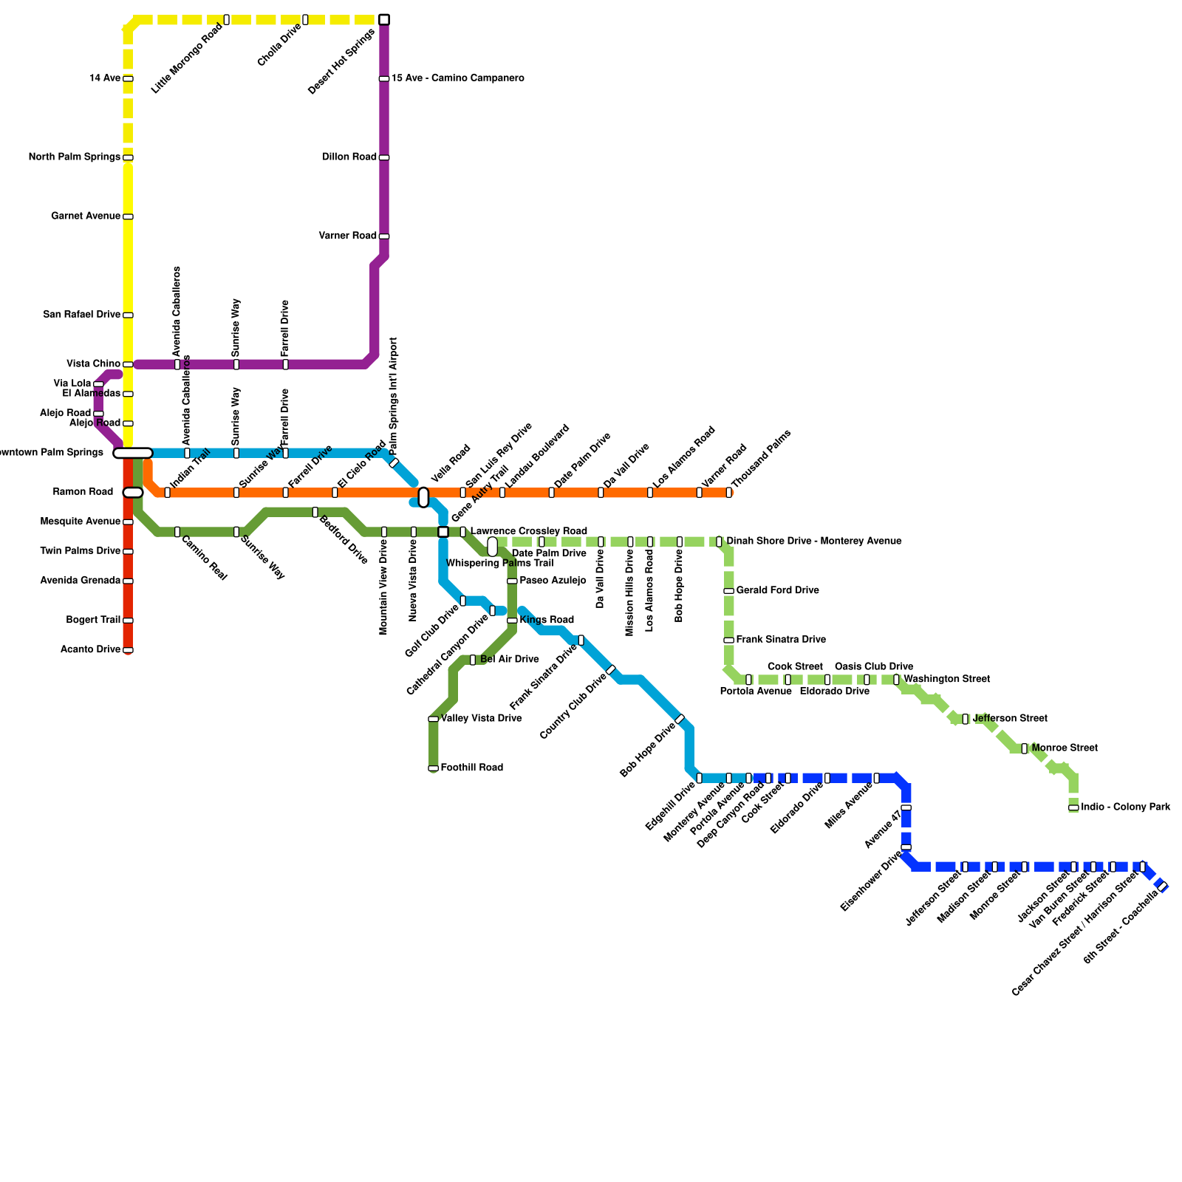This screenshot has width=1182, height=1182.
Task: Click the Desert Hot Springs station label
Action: [x=342, y=61]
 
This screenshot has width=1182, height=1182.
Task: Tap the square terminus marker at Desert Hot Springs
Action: [x=384, y=19]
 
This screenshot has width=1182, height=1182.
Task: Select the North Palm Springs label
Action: [x=74, y=157]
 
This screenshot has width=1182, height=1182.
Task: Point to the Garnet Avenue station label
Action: [x=86, y=216]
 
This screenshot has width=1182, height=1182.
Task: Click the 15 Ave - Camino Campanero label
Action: [x=458, y=78]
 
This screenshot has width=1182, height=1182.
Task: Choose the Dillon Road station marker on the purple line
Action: [x=384, y=157]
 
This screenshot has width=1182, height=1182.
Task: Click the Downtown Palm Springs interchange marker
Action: [x=133, y=453]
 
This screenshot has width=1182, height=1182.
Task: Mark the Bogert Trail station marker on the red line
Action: [x=128, y=621]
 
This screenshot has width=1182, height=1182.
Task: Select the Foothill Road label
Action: [x=471, y=768]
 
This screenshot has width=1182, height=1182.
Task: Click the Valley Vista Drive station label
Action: [x=481, y=719]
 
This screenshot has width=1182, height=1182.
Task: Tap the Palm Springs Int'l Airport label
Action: [x=394, y=395]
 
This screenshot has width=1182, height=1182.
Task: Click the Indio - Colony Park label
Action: [x=1125, y=807]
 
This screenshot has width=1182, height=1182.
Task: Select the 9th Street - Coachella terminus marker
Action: [x=1162, y=886]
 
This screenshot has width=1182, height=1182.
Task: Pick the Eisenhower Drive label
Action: [x=872, y=881]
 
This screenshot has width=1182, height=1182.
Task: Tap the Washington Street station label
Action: [x=946, y=680]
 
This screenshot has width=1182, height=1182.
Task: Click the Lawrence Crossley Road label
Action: [x=529, y=532]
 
